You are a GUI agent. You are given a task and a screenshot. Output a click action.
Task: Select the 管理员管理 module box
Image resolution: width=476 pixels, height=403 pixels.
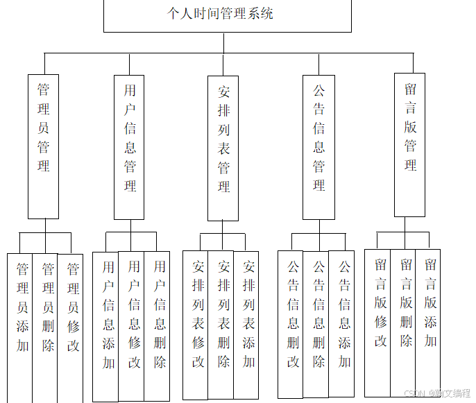coord(43,146)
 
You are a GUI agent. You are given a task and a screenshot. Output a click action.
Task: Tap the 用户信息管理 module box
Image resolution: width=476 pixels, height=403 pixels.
coord(130,147)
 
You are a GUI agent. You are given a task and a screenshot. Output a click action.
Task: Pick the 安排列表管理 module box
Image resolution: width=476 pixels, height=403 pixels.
coord(223,148)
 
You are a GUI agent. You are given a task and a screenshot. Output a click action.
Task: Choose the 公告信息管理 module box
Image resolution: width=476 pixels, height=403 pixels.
coord(318,147)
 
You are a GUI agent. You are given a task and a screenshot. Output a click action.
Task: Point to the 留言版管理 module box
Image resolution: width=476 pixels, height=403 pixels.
coord(409,145)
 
